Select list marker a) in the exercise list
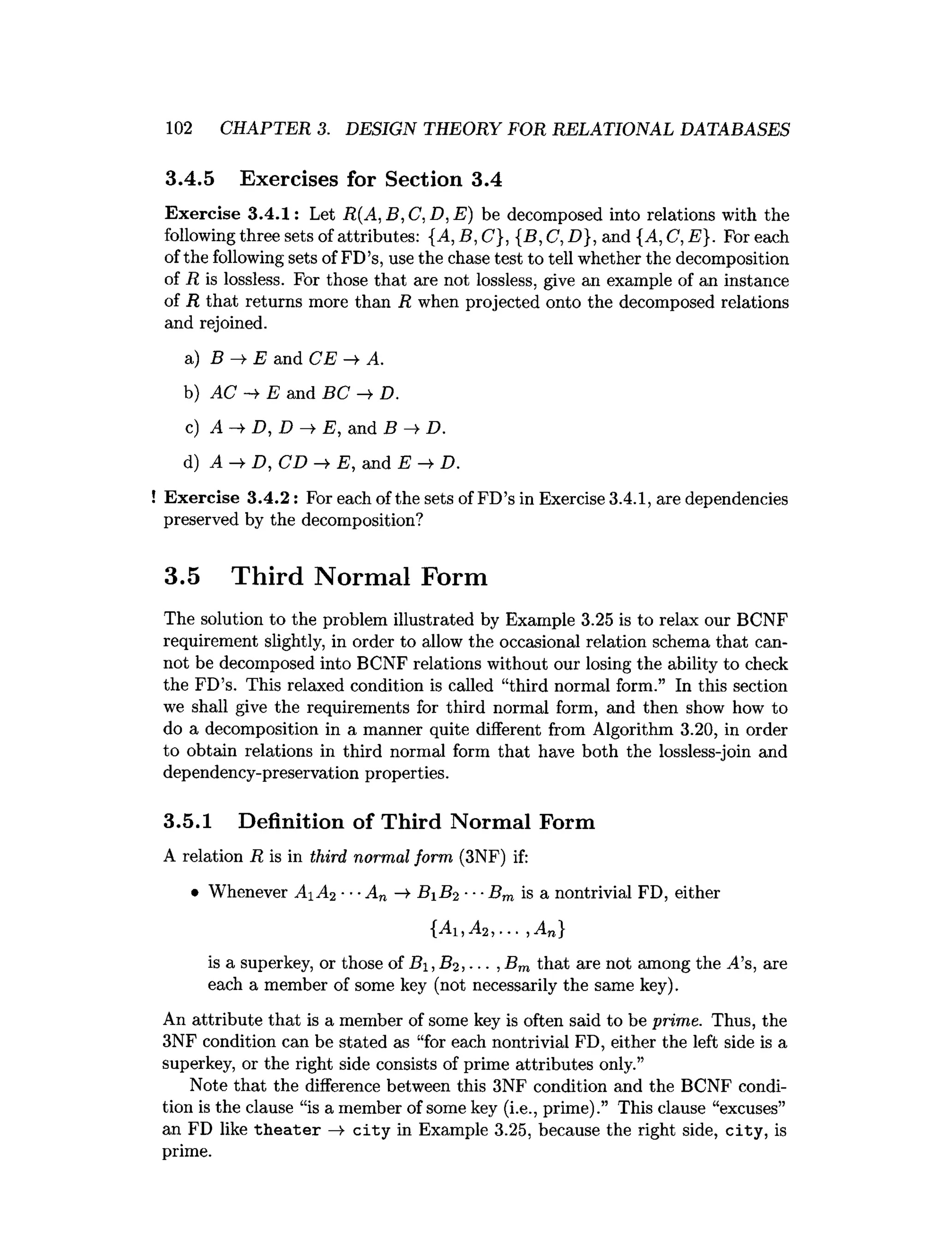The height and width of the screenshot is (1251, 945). coord(192,359)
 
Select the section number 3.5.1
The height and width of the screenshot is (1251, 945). coord(188,821)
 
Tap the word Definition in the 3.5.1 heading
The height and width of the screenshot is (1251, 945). coord(290,821)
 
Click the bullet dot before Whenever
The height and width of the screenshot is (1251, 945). coord(194,894)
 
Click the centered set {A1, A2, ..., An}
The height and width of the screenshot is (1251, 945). coord(496,929)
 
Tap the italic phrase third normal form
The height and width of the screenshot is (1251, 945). coord(382,857)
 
